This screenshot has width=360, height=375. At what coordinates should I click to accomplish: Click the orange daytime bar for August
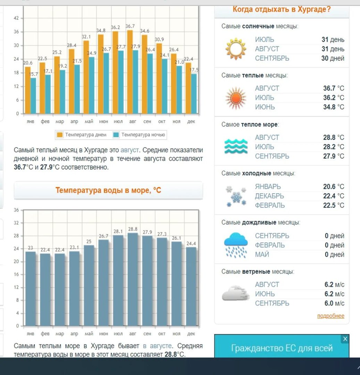130,72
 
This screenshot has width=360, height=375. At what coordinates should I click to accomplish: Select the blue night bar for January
33,96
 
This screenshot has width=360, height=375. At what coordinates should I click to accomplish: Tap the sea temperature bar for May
89,285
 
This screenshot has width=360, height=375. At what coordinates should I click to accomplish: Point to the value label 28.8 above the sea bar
133,229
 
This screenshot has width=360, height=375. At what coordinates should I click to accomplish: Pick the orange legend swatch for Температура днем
60,135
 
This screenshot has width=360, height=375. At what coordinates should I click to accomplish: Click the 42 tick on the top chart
16,18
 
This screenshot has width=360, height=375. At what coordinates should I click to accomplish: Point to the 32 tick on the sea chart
16,223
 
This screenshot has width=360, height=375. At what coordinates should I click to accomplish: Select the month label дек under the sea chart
191,334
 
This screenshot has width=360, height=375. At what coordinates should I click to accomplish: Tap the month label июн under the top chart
103,122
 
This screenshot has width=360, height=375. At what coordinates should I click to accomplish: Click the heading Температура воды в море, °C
108,190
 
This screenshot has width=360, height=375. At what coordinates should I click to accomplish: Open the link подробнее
330,316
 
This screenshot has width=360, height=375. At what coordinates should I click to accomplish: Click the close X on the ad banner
345,339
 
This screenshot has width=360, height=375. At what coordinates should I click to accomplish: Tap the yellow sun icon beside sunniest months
236,49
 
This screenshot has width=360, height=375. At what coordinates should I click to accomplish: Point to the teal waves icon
236,146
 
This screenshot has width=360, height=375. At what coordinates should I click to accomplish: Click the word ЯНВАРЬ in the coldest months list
268,186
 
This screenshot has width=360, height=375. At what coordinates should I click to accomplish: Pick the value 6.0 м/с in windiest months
334,303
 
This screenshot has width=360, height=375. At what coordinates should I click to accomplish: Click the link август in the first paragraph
129,150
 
